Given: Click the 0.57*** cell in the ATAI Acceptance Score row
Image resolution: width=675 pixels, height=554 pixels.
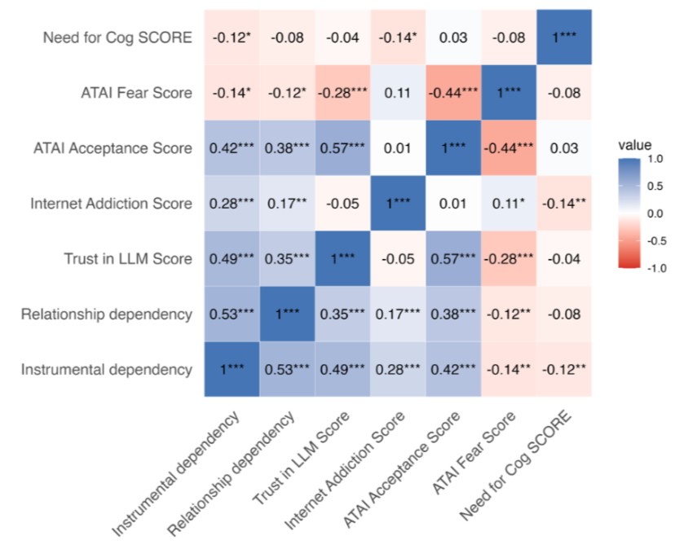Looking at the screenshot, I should click(342, 148).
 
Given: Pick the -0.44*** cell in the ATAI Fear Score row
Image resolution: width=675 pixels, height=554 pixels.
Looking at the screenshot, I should click(454, 92).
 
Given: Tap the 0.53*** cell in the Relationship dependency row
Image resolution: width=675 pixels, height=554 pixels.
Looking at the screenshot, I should click(232, 314).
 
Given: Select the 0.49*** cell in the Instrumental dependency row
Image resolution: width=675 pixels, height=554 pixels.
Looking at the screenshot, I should click(342, 369).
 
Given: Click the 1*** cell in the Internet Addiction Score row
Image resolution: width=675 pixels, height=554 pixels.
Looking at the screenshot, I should click(399, 203).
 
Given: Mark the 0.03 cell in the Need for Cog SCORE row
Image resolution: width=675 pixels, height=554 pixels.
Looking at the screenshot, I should click(454, 37).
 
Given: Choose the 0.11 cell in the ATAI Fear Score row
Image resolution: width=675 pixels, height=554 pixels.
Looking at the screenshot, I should click(399, 92).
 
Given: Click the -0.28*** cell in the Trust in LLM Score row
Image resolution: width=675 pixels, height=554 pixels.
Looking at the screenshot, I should click(510, 258).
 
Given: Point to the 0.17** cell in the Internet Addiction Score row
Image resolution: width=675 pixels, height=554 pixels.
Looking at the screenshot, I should click(287, 203).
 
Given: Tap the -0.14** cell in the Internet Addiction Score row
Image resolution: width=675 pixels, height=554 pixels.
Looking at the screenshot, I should click(565, 203).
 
